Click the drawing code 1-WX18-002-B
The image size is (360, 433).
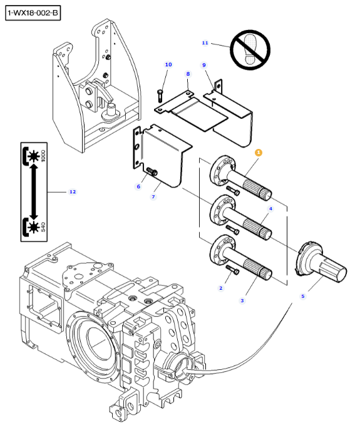coord(33,13)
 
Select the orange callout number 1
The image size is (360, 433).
coord(259,153)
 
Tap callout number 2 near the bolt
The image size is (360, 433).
coord(221,288)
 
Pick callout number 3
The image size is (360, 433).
coord(242,300)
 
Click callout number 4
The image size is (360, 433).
coord(270,208)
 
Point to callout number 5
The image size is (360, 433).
coord(303,297)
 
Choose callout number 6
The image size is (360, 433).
coord(139,186)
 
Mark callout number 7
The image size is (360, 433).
coord(153,196)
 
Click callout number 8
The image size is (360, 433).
coord(188,74)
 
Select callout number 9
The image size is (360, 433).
coord(204,65)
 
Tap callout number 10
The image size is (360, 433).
coord(168,64)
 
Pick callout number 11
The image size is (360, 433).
coord(205,43)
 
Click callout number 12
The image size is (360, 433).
coord(73,191)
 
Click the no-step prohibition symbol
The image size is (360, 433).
coord(250,49)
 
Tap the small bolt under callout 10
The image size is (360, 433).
coord(160,95)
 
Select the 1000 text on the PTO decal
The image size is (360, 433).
coord(43,156)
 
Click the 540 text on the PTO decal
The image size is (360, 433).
coord(43,227)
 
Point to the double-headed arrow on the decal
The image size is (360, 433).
coord(34,192)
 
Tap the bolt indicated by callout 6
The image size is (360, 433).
coord(152,171)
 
